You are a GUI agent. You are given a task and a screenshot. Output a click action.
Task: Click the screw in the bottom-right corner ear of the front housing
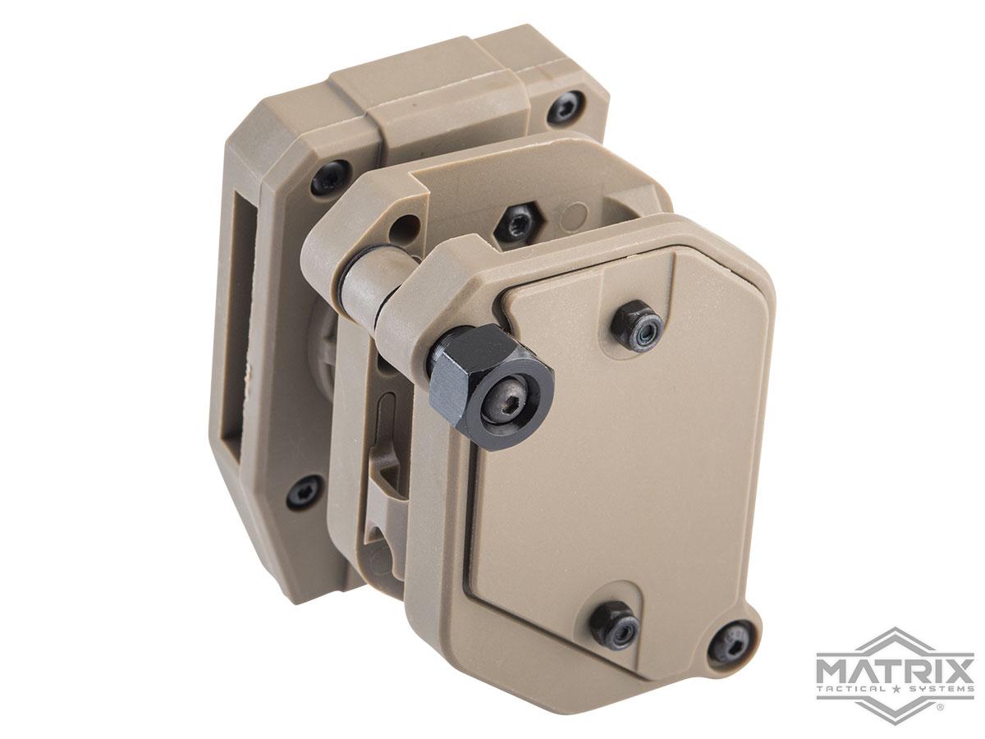[x=731, y=640]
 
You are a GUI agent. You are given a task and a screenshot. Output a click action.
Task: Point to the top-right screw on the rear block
[x=566, y=108]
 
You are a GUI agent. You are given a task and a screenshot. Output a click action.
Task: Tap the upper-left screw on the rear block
[x=330, y=177]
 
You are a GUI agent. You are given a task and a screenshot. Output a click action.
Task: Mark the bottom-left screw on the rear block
[x=305, y=490]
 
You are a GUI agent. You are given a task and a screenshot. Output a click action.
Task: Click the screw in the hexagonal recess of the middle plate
[x=517, y=223]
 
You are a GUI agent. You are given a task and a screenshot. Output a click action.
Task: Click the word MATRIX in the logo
[x=895, y=663]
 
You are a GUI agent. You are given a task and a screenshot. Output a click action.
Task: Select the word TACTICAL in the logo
[x=856, y=686]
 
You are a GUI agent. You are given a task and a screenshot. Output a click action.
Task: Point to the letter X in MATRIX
[x=956, y=663]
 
